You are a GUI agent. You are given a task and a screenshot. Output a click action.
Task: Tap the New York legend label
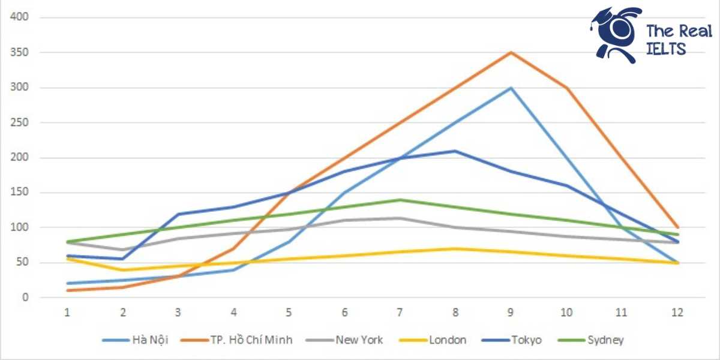[x=359, y=340]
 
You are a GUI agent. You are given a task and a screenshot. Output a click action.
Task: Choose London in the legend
[x=447, y=340]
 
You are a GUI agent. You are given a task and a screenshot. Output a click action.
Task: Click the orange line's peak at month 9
[x=511, y=53]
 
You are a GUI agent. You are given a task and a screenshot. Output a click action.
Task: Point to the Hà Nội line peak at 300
[x=511, y=88]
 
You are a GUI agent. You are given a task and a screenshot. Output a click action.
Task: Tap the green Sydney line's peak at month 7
[x=400, y=200]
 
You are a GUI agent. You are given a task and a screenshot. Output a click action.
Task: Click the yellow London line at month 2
[x=122, y=270]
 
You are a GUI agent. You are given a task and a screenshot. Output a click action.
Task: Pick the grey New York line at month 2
[x=122, y=250]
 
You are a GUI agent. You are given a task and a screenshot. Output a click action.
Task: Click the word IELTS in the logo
[x=666, y=50]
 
